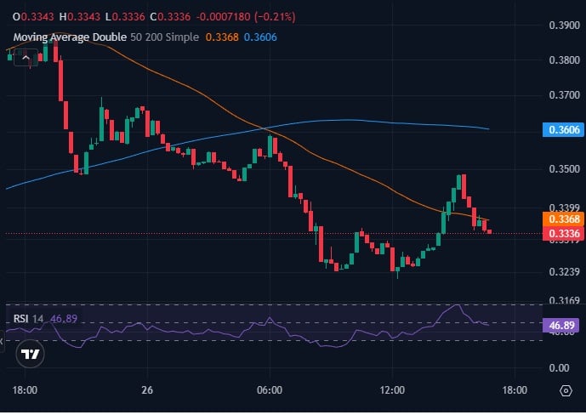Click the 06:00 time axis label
tap(270, 390)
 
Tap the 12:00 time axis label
tap(392, 390)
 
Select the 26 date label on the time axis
tap(148, 390)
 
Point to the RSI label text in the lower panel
tap(20, 319)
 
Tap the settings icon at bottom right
tap(566, 391)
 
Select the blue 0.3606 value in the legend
tap(260, 37)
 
